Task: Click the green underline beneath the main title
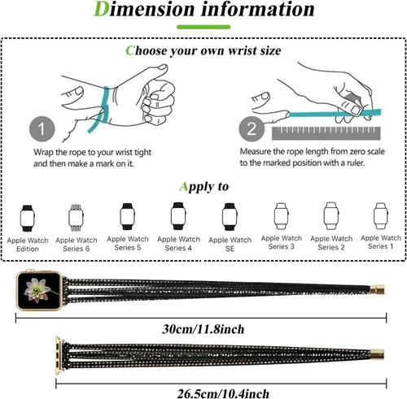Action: (203, 27)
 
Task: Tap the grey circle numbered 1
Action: (42, 128)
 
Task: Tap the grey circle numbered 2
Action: (252, 128)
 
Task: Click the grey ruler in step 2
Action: (326, 133)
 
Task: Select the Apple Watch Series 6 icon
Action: (76, 218)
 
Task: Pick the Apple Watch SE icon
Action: (230, 217)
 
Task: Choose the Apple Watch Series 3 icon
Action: (281, 216)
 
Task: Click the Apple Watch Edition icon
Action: (28, 218)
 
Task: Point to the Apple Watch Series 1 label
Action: (381, 242)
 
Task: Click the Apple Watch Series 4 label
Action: (178, 243)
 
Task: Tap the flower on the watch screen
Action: (37, 290)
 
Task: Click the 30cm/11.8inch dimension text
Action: (203, 329)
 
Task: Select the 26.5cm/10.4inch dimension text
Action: (223, 393)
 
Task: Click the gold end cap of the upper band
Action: (378, 289)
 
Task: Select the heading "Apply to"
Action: (203, 186)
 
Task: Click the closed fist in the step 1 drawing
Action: (158, 103)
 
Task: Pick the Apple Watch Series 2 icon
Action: (331, 216)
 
